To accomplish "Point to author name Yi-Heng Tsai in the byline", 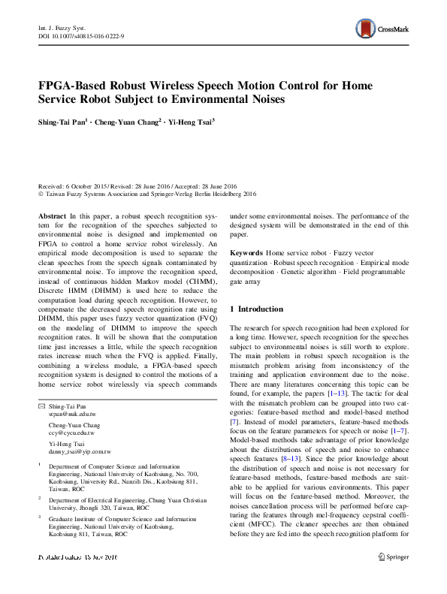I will pos(189,120).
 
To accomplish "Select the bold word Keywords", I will pos(246,254).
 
